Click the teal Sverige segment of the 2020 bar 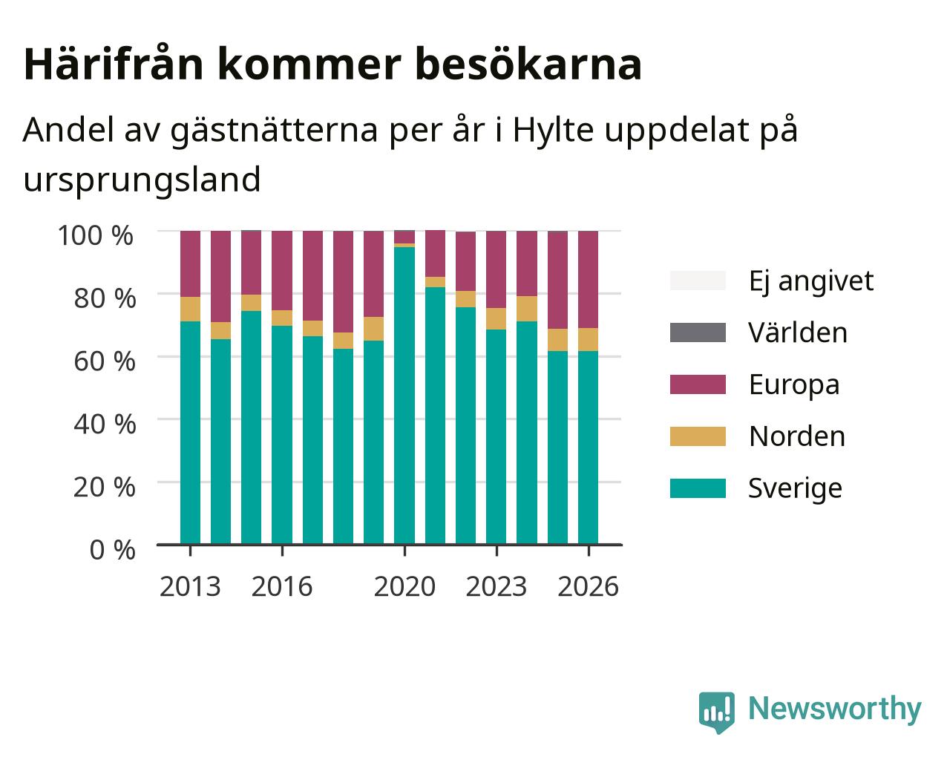[x=404, y=396]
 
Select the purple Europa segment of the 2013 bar [x=190, y=263]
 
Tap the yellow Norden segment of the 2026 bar [x=588, y=339]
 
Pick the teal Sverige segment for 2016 [x=281, y=435]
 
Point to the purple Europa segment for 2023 [x=496, y=269]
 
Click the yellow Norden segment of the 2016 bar [x=281, y=318]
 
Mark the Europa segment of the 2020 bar [x=404, y=237]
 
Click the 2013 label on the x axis [x=190, y=586]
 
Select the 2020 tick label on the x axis [x=404, y=586]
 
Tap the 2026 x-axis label [x=588, y=586]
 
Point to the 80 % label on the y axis [x=105, y=298]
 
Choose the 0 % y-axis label [x=112, y=550]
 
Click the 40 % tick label [x=105, y=425]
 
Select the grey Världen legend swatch [x=698, y=332]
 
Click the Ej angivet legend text [x=811, y=281]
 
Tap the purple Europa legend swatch [x=698, y=384]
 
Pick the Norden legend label [x=797, y=436]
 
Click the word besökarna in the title [x=528, y=65]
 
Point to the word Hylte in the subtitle [x=553, y=131]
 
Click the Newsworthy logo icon [x=717, y=711]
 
